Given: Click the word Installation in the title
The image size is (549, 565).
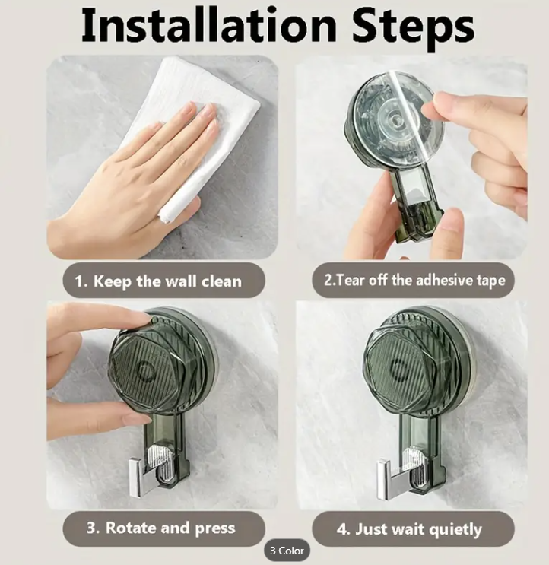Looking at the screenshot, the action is click(x=209, y=25).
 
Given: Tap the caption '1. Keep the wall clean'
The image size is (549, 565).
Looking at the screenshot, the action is click(x=158, y=281).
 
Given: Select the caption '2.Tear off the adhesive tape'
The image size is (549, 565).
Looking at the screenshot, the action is click(x=414, y=280).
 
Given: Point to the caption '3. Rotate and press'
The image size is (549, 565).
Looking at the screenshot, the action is click(x=161, y=528).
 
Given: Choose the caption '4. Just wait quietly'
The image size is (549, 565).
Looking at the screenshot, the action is click(x=409, y=529).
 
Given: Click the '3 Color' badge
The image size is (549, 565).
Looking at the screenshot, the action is click(x=287, y=551).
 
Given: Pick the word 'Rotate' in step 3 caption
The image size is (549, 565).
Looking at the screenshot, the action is click(x=130, y=528).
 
